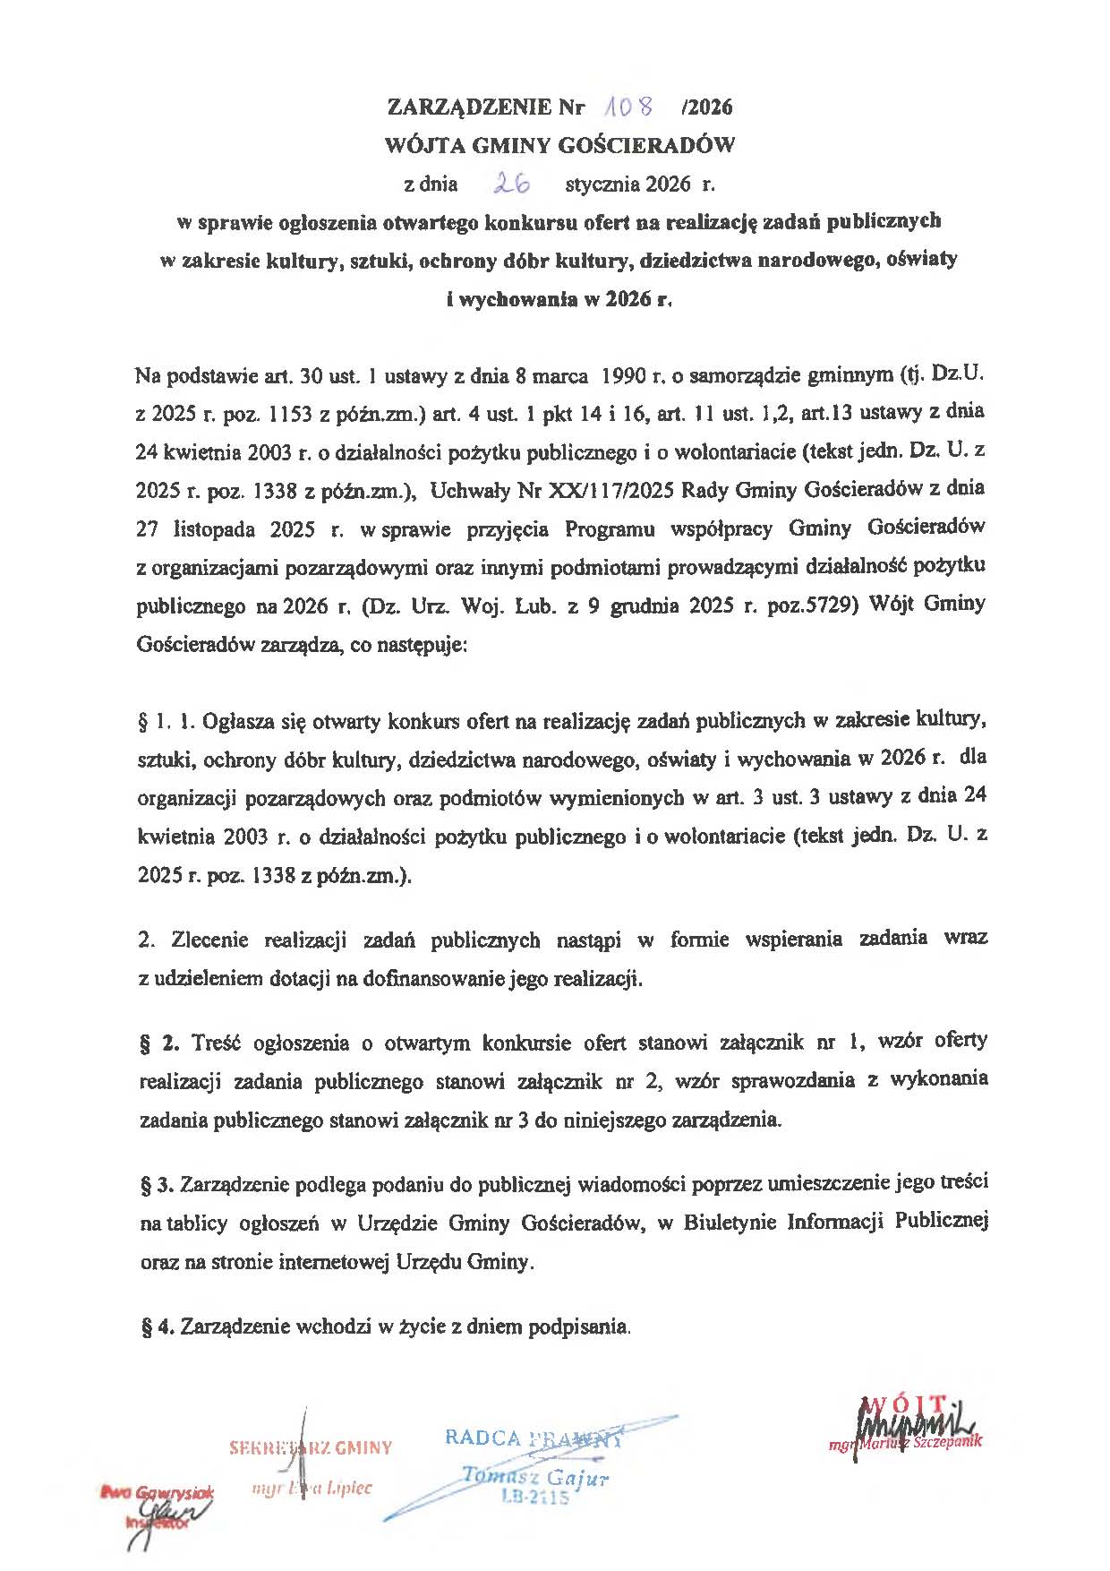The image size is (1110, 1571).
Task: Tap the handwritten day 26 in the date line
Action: point(512,184)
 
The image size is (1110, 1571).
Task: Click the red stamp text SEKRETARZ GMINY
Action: point(311,1447)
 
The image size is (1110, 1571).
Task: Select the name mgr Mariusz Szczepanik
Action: point(905,1443)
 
